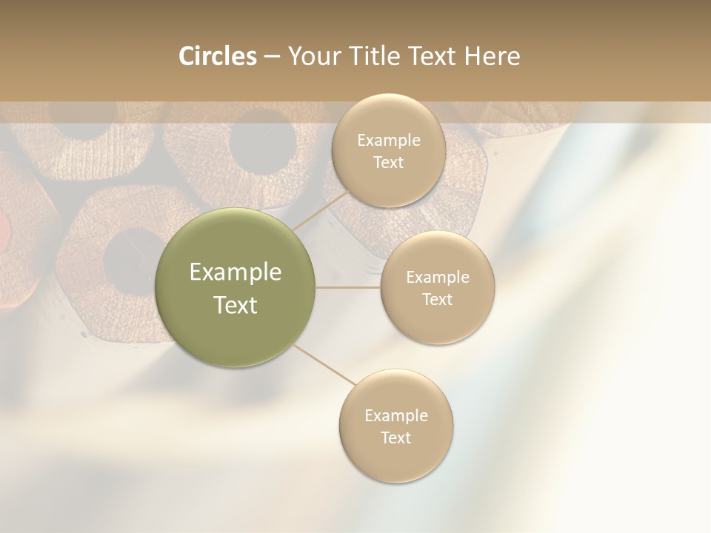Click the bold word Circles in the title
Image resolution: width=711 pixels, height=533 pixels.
click(x=217, y=56)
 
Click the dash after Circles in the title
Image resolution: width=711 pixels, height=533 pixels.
click(x=272, y=57)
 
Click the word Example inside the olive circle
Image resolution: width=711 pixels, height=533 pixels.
click(x=236, y=272)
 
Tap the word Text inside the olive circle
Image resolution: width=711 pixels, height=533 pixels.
click(x=236, y=305)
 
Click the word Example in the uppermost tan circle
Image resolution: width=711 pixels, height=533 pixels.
click(x=388, y=141)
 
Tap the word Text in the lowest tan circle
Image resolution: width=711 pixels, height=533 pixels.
click(x=395, y=438)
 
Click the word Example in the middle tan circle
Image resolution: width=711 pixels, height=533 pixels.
click(x=438, y=278)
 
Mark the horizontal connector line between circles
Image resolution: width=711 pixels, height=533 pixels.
click(x=348, y=287)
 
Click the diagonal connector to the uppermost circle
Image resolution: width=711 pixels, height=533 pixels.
click(x=321, y=210)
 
